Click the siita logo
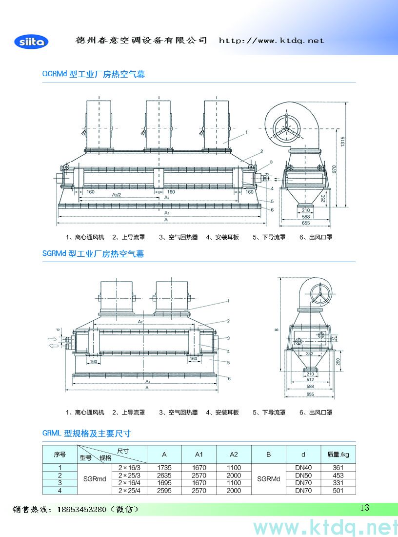point(31,41)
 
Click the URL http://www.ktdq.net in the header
point(271,41)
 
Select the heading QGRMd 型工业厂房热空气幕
point(93,74)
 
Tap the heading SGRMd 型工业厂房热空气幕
point(93,254)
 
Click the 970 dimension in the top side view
point(335,168)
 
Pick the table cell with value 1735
point(164,467)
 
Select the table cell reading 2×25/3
point(129,475)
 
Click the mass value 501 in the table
point(338,491)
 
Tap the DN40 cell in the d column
point(303,467)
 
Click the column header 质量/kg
point(338,454)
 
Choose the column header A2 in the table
point(234,454)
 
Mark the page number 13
point(364,508)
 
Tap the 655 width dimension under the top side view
point(306,223)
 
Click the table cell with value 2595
point(164,491)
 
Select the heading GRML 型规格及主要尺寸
point(86,433)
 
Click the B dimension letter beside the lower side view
point(276,330)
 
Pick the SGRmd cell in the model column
point(95,479)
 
